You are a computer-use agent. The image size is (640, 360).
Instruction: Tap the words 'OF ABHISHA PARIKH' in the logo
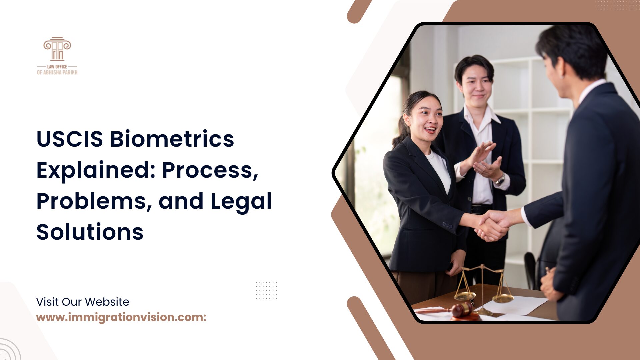click(57, 72)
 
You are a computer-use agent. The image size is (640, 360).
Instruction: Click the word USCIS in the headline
click(70, 139)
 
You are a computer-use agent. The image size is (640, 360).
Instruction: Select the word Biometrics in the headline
click(172, 139)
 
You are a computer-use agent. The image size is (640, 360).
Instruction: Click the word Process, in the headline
click(210, 170)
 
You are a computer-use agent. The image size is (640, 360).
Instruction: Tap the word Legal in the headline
click(241, 201)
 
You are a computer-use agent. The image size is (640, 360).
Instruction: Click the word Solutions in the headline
click(90, 232)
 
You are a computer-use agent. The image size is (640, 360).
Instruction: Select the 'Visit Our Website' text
click(83, 302)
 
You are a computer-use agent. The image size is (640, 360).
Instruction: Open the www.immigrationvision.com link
click(121, 317)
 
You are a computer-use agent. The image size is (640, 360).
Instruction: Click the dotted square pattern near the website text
click(266, 290)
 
